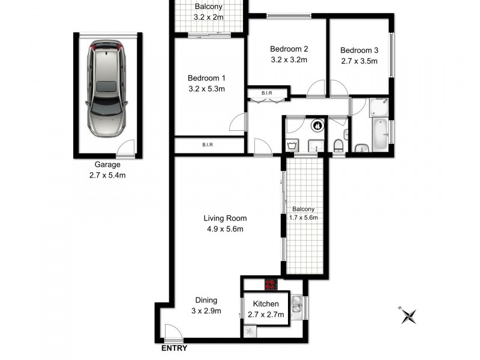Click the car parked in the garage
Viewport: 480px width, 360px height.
coord(107,87)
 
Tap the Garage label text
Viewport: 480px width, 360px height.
coord(107,164)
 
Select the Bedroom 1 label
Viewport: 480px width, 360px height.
coord(206,78)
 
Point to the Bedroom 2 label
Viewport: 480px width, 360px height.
coord(289,49)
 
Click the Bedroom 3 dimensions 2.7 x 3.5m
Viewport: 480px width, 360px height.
coord(357,61)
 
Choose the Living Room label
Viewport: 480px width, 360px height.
coord(225,218)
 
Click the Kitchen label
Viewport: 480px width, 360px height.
coord(265,304)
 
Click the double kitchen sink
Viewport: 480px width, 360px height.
coord(297,306)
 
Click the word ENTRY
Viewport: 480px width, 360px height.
coord(174,348)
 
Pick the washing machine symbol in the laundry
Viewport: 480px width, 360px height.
coord(292,145)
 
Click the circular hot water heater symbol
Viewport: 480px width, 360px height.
coord(317,127)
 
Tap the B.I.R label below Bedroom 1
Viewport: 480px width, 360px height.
coord(208,145)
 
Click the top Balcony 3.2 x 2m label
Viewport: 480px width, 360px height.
coord(208,12)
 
